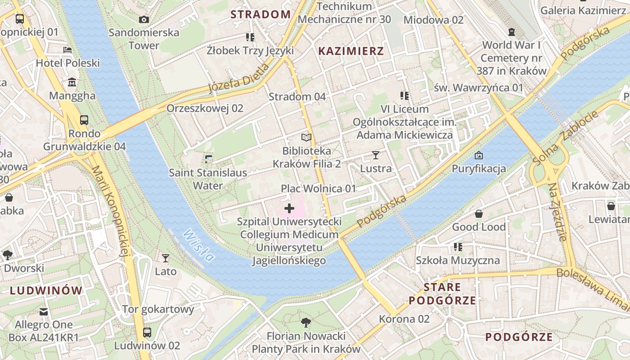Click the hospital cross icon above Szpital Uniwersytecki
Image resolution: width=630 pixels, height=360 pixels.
(x=289, y=208)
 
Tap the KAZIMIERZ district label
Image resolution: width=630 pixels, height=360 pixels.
(x=351, y=51)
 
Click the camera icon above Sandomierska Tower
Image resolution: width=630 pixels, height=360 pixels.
(x=144, y=19)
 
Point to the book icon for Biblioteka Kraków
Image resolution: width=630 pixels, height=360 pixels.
(x=306, y=137)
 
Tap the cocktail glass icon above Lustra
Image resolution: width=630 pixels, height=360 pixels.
(x=376, y=155)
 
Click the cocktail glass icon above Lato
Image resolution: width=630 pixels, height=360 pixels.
(x=166, y=258)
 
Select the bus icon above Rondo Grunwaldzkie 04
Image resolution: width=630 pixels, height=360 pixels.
(x=84, y=120)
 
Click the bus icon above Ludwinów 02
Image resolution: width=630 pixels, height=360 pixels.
(x=147, y=333)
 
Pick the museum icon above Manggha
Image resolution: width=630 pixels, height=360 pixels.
(x=72, y=82)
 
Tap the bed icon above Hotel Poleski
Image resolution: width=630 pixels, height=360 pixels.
(x=67, y=49)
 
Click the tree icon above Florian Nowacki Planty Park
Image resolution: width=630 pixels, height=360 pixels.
(x=306, y=323)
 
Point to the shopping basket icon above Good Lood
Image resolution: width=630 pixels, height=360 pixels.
(x=479, y=214)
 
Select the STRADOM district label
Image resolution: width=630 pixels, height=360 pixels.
(x=261, y=14)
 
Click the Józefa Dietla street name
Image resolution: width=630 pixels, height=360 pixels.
(x=238, y=78)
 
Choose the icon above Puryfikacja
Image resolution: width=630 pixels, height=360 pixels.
(x=479, y=156)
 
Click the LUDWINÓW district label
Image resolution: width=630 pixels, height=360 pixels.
(x=46, y=290)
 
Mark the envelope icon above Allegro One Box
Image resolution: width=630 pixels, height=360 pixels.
(x=44, y=311)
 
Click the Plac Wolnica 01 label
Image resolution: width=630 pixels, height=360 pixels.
(x=318, y=189)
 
